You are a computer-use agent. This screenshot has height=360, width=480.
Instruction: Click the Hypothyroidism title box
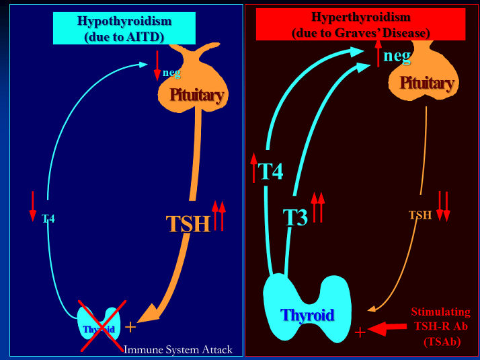(124, 28)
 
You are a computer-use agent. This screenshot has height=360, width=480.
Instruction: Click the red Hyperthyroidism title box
(360, 24)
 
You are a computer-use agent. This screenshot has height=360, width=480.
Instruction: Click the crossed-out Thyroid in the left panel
(99, 326)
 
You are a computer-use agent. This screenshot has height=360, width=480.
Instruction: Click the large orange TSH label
(188, 223)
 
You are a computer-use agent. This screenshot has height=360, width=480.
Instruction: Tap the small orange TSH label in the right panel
(420, 215)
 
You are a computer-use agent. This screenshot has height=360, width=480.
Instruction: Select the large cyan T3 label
(295, 217)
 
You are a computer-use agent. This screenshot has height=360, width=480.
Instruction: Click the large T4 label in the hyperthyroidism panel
(271, 172)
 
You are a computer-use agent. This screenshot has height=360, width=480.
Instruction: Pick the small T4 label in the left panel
(48, 219)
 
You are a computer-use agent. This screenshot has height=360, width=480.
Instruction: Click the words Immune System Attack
(178, 350)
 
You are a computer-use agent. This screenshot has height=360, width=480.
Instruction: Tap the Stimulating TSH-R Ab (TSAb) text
(441, 326)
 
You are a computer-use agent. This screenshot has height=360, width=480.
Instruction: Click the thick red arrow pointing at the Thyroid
(387, 328)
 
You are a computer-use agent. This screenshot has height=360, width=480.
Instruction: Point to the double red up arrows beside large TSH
(219, 215)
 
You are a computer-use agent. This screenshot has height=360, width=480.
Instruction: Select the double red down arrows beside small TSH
(443, 206)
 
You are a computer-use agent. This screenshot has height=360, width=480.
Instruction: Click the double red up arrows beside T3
(318, 207)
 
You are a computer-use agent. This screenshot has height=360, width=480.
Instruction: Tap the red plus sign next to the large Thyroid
(360, 332)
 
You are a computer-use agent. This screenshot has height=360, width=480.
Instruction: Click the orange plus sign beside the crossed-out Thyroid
(130, 327)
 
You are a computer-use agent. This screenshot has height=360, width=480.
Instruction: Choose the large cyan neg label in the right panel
(397, 56)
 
